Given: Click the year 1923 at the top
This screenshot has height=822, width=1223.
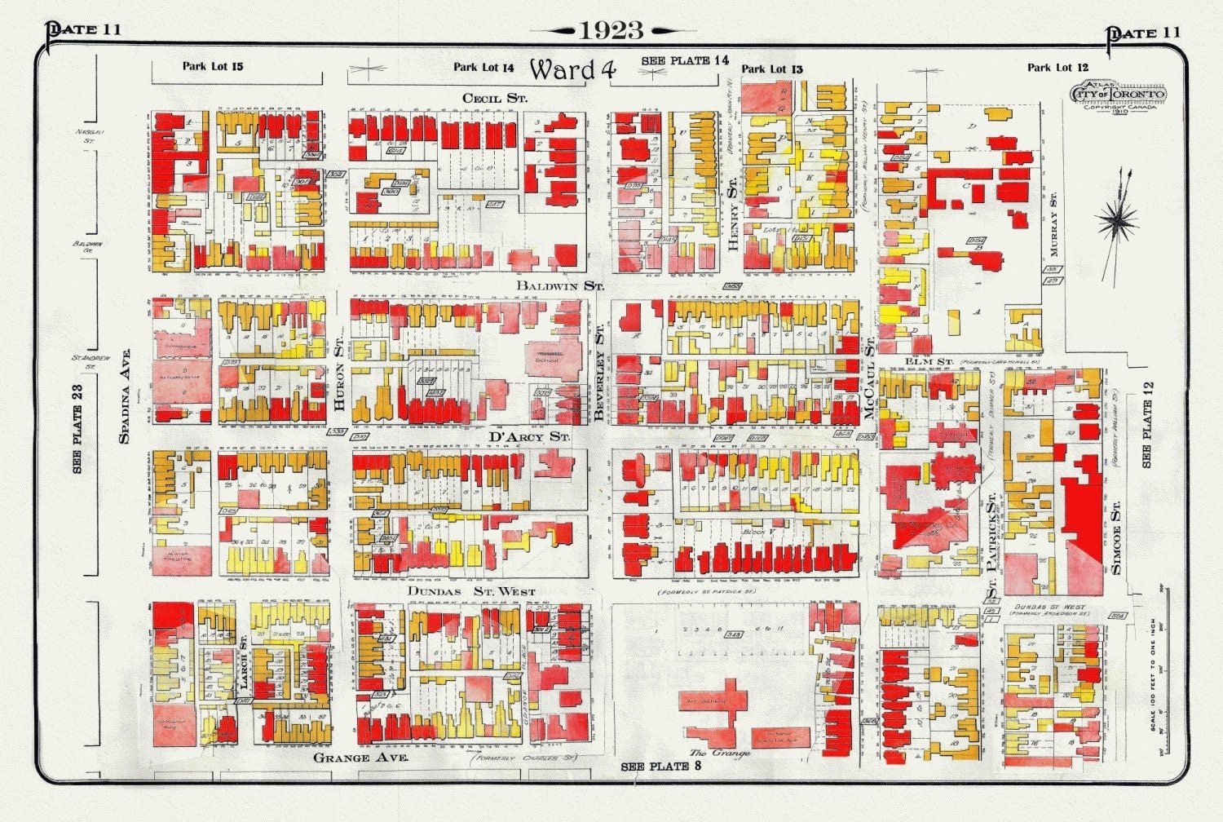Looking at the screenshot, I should point(611,31).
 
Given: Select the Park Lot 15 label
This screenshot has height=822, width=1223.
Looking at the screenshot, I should point(212,66).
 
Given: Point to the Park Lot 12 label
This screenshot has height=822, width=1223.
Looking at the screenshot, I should point(1057,68).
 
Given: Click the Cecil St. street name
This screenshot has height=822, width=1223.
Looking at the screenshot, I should point(495,98).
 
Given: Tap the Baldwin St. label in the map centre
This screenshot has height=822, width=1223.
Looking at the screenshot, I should point(560,286).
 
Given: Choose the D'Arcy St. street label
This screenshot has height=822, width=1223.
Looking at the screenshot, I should point(528,437).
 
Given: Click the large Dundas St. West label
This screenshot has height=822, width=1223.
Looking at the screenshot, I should point(471,591).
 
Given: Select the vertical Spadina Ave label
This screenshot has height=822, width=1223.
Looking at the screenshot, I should point(125,397).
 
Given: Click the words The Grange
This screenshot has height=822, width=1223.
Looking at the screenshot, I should point(719,753).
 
